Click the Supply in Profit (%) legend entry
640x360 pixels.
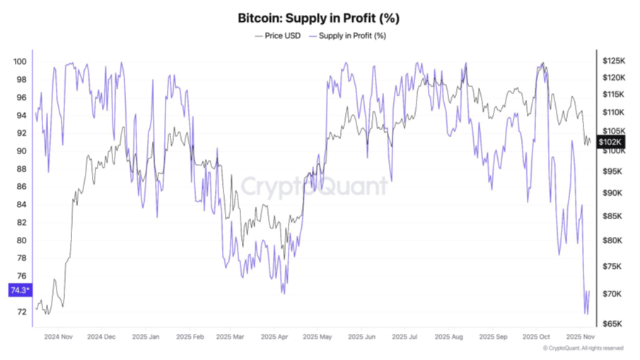(x=352, y=35)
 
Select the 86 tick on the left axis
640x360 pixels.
(x=21, y=187)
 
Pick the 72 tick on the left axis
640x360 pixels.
(x=21, y=312)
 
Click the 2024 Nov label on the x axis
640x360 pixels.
(x=59, y=337)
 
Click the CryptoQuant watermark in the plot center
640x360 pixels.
(x=315, y=187)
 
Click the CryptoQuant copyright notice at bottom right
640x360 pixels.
(x=583, y=348)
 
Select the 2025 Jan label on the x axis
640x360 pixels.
(x=146, y=337)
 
